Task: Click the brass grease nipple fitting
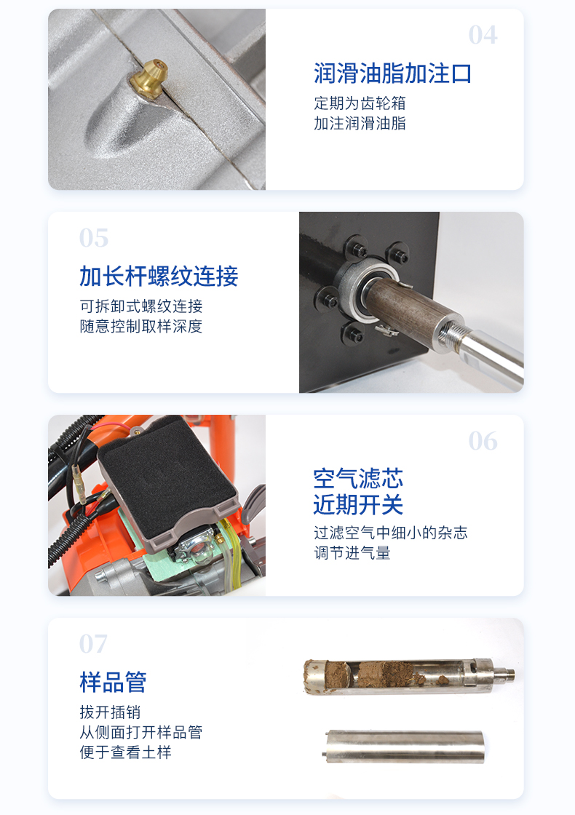(x=148, y=79)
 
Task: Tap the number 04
(x=483, y=36)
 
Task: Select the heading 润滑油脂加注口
(x=392, y=73)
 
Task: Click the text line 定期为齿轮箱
(x=360, y=103)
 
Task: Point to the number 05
(x=94, y=238)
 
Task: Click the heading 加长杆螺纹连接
(x=159, y=276)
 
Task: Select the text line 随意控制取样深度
(x=141, y=326)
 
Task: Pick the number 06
(x=483, y=441)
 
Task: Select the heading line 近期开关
(x=358, y=504)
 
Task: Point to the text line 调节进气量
(x=352, y=552)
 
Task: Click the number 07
(x=94, y=644)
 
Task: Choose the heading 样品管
(x=114, y=682)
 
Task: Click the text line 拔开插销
(x=110, y=712)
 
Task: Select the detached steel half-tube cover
(x=405, y=747)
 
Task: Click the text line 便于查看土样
(x=125, y=752)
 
